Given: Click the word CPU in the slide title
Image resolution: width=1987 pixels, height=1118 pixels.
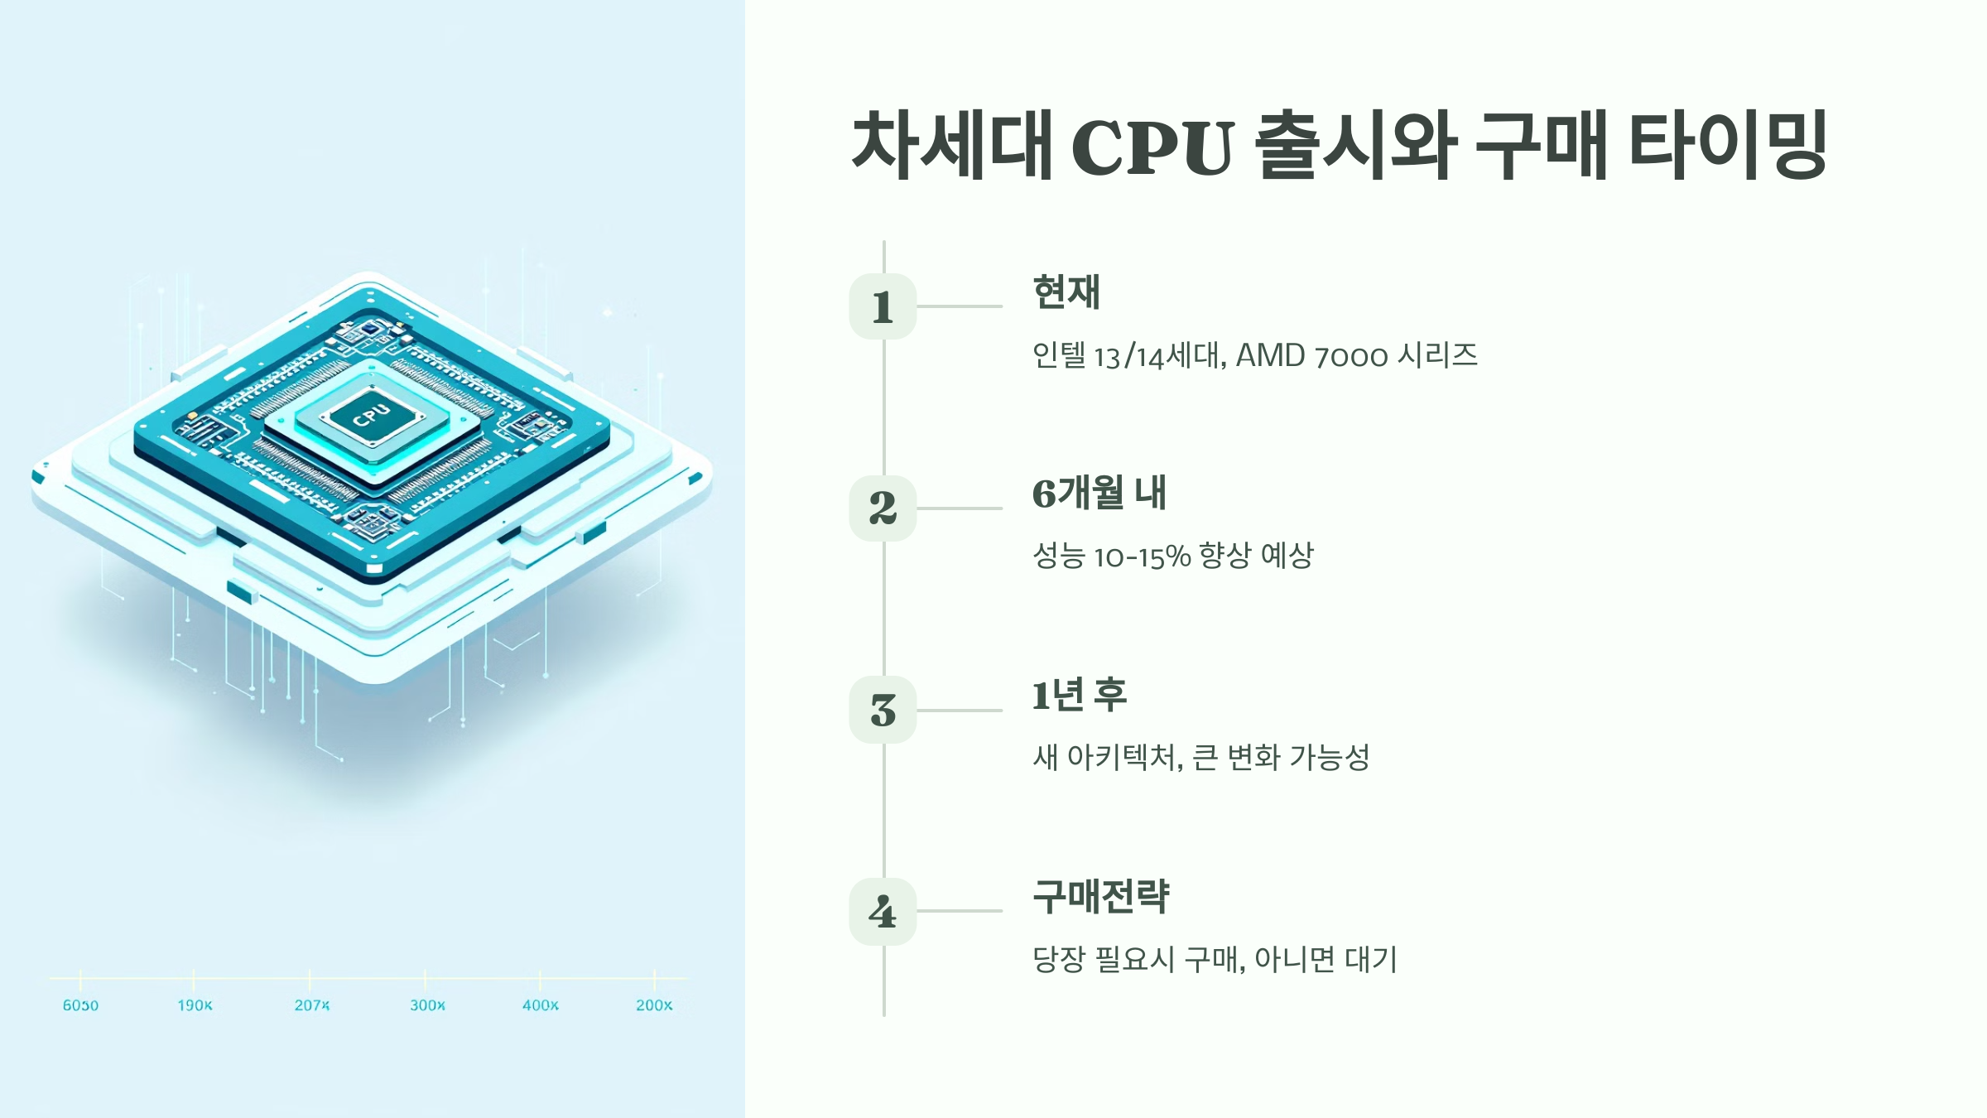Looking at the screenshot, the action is coord(1152,147).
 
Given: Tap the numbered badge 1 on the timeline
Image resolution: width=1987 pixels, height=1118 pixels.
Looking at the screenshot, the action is coord(883,306).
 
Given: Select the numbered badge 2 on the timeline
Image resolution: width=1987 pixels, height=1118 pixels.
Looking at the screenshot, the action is coord(883,508).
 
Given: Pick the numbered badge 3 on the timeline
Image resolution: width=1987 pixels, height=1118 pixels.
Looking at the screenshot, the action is coord(883,710).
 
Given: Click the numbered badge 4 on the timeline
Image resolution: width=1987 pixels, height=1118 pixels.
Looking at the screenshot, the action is coord(883,911).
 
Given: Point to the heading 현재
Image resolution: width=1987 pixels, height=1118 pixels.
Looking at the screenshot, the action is coord(1066,292).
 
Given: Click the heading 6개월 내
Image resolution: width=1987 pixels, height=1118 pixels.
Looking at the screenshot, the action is coord(1099,494).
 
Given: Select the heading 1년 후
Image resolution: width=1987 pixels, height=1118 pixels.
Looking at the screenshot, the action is coord(1080,695).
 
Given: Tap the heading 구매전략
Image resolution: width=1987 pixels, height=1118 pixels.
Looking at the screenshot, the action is coord(1101,897).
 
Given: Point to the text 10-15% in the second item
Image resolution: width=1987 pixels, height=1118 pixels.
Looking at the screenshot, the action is coord(1142,557).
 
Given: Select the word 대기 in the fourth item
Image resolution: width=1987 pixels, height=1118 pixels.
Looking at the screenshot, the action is coord(1371,959).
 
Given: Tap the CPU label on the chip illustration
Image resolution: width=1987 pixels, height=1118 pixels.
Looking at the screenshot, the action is coord(371,415).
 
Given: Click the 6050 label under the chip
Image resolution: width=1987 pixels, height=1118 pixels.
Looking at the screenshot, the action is coord(80,1005).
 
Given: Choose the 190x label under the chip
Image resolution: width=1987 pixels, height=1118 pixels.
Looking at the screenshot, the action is coord(195,1005).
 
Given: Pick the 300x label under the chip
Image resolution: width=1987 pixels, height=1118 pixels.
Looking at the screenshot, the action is coord(427,1005).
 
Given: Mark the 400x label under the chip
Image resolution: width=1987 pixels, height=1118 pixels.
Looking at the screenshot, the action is coord(540,1005).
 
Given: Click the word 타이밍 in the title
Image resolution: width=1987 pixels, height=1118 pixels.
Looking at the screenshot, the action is coord(1729,146).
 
